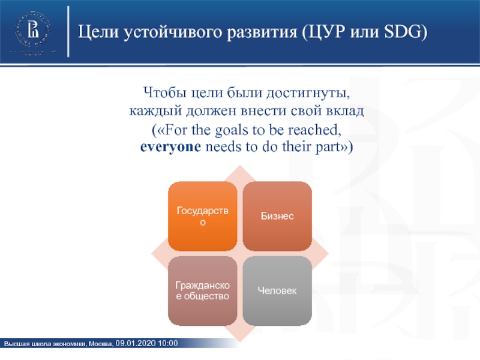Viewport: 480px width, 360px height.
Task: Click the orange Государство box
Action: [203, 216]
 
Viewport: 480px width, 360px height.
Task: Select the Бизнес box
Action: [277, 216]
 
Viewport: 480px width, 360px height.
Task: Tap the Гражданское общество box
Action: [203, 291]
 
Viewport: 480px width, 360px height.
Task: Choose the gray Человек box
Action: [277, 291]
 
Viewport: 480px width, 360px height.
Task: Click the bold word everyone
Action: [170, 147]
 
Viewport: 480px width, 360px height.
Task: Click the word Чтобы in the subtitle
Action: [164, 92]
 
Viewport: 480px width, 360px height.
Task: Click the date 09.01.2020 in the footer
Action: [136, 343]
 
